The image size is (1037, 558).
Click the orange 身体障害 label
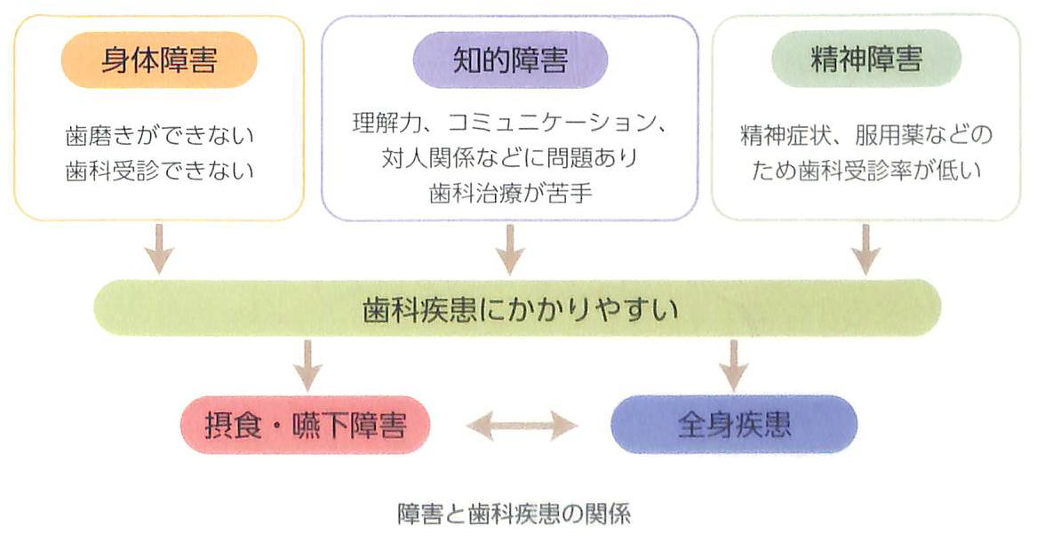[159, 60]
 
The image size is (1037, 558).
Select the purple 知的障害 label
[509, 60]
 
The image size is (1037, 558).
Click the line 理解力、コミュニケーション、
[509, 123]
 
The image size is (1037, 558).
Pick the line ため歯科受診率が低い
[866, 170]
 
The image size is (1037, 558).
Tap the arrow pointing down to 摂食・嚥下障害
[307, 364]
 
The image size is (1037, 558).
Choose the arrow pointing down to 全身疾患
[734, 364]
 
